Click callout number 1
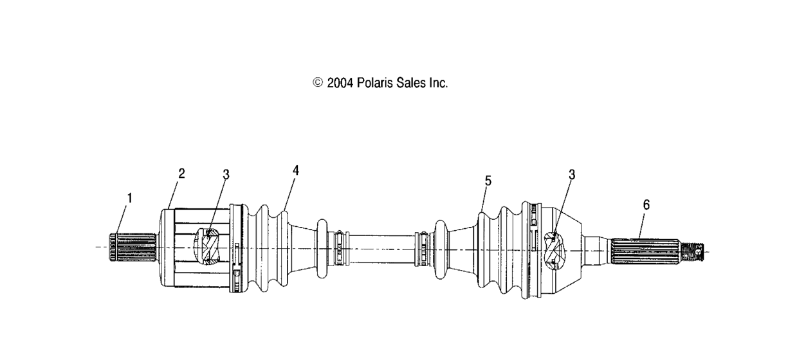[x=129, y=198]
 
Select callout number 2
[x=181, y=174]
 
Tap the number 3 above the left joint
[x=226, y=174]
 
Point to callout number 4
[x=295, y=170]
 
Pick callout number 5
[x=488, y=181]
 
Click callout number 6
[x=646, y=204]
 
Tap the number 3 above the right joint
[x=572, y=174]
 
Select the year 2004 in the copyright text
[x=340, y=83]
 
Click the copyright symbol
[x=318, y=83]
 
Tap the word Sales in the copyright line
[x=413, y=83]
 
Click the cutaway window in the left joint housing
[x=209, y=247]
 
